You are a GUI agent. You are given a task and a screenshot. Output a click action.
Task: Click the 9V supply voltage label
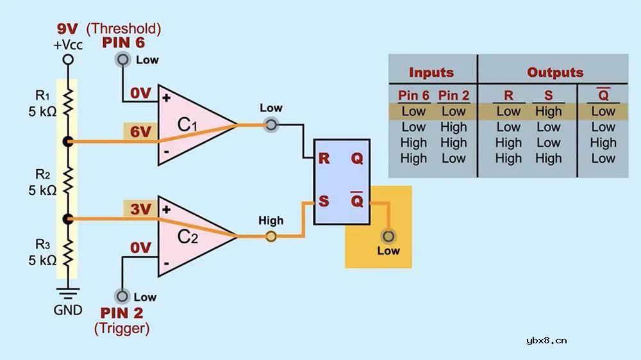point(67,29)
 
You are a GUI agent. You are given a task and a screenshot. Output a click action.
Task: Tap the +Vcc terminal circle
point(68,60)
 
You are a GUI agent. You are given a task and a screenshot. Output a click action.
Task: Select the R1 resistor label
point(42,96)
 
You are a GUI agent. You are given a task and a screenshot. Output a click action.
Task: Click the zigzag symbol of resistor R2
point(68,181)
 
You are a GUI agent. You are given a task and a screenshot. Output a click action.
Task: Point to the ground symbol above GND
point(68,292)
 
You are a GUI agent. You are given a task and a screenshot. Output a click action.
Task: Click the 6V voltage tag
point(140,132)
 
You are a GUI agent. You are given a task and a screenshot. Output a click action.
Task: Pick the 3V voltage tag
point(140,209)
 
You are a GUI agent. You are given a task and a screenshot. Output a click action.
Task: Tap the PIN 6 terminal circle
point(122,60)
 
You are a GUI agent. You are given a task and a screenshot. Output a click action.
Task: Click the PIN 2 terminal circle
point(122,297)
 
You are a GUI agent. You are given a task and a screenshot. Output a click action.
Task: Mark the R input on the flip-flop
point(324,158)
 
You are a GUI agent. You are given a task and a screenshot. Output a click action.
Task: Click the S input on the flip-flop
point(324,201)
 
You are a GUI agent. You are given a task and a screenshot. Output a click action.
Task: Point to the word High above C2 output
point(271,220)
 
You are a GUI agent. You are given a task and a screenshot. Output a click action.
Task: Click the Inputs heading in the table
point(431,72)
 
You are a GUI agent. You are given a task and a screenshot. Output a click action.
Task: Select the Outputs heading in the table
point(555,72)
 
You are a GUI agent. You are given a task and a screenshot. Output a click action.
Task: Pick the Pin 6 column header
point(413,95)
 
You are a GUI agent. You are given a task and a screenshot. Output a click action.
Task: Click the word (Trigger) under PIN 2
point(122,329)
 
